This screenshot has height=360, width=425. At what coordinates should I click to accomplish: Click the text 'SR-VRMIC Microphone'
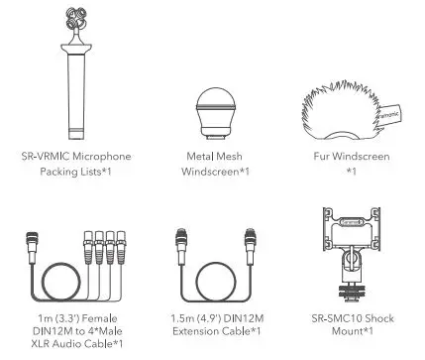click(75, 157)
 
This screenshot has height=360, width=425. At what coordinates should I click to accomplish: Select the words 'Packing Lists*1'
click(76, 173)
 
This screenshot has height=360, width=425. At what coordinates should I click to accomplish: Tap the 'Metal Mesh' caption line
click(213, 157)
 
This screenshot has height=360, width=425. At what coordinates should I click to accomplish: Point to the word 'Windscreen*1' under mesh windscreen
click(213, 173)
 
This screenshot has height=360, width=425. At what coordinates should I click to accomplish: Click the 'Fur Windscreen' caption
click(350, 157)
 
